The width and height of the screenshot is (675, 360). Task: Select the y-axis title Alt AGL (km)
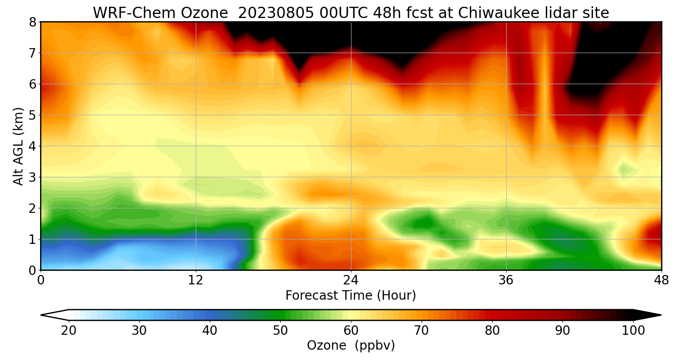pyautogui.click(x=18, y=146)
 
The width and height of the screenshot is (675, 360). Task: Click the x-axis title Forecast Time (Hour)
pyautogui.click(x=351, y=296)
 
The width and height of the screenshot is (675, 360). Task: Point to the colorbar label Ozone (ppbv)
pyautogui.click(x=351, y=345)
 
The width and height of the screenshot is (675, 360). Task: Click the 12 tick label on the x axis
pyautogui.click(x=196, y=280)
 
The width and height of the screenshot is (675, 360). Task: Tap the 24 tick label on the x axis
pyautogui.click(x=351, y=280)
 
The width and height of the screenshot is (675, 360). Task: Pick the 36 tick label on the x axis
pyautogui.click(x=506, y=280)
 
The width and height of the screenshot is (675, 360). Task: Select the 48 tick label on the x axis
pyautogui.click(x=661, y=280)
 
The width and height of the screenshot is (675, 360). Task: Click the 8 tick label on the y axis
pyautogui.click(x=32, y=22)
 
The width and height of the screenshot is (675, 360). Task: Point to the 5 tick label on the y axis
pyautogui.click(x=32, y=115)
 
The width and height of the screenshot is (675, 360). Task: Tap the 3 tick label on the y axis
pyautogui.click(x=32, y=177)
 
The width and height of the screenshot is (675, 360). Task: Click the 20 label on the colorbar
pyautogui.click(x=69, y=331)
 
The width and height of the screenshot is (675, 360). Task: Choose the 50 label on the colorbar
pyautogui.click(x=280, y=331)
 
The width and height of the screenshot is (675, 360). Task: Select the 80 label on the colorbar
pyautogui.click(x=492, y=331)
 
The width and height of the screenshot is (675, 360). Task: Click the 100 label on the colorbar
pyautogui.click(x=633, y=331)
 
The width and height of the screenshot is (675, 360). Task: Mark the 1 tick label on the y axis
pyautogui.click(x=32, y=239)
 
